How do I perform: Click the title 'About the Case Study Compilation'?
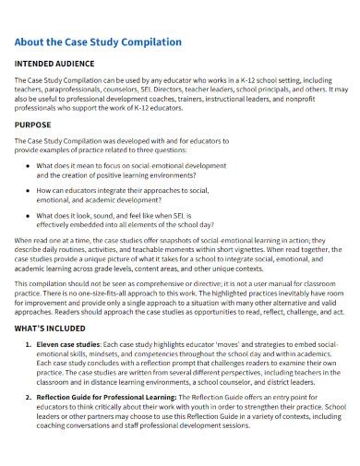pyautogui.click(x=98, y=42)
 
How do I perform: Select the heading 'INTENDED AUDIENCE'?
pyautogui.click(x=54, y=65)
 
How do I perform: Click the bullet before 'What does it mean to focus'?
pyautogui.click(x=28, y=164)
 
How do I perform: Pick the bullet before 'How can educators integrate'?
pyautogui.click(x=28, y=190)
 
